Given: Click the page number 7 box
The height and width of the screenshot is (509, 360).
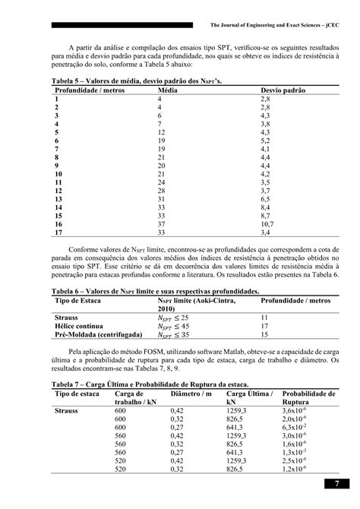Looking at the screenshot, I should point(336,484).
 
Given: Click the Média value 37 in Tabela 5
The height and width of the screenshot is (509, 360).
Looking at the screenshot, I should point(160,225).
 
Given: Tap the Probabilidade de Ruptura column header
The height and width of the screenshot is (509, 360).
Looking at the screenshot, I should point(308,398).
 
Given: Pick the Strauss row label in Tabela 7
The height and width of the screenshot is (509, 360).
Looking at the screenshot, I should point(66,410).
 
